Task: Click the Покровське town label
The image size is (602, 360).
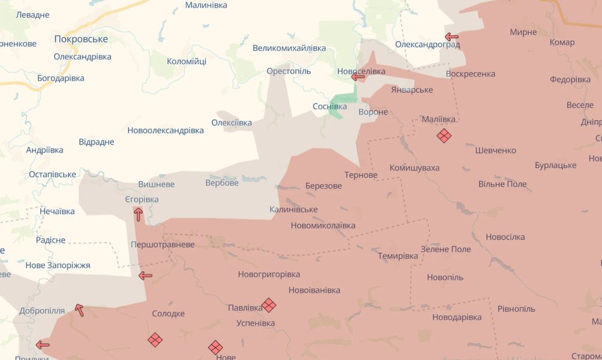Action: click(81, 39)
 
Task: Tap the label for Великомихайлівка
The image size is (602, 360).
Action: click(289, 48)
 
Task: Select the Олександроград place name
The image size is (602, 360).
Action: click(427, 44)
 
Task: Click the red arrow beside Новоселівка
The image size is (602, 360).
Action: click(358, 76)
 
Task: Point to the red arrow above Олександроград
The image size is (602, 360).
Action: click(452, 37)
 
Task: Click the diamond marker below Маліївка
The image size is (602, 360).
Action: click(444, 136)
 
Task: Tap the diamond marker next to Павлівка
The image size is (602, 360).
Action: click(269, 305)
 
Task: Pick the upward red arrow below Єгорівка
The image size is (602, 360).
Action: click(138, 214)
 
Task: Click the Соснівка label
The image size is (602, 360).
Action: click(330, 106)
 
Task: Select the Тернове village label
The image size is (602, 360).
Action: click(361, 175)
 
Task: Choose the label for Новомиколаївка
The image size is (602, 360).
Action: click(323, 226)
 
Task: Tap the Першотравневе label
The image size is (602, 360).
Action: click(163, 245)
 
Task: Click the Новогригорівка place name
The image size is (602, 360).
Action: click(269, 274)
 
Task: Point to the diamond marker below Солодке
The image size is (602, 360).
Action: click(155, 340)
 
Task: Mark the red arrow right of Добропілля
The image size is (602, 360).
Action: click(79, 310)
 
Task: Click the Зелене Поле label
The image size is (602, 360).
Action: click(446, 249)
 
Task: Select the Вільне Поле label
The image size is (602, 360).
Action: click(502, 184)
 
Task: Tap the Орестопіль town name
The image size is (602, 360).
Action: click(289, 71)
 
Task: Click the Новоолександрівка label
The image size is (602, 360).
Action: click(166, 130)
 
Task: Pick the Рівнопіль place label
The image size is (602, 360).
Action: click(516, 308)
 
